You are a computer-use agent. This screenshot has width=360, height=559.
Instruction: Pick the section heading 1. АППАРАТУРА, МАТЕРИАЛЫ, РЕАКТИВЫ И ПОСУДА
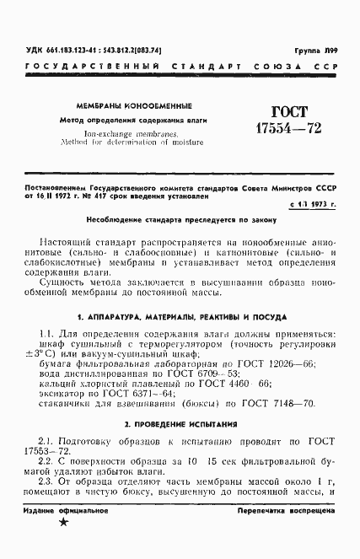[x=180, y=318]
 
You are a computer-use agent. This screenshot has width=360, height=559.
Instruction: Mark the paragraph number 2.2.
[x=46, y=461]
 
